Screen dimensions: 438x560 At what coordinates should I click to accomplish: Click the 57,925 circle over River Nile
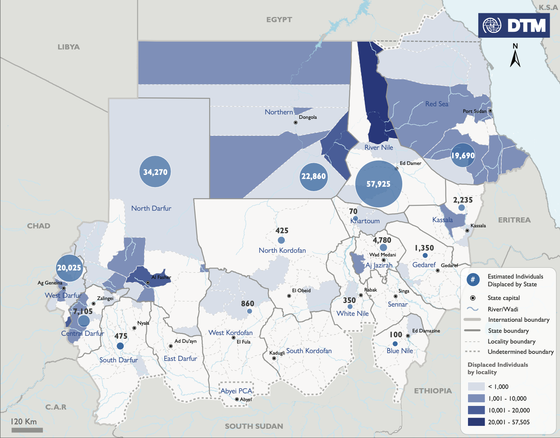coord(378,184)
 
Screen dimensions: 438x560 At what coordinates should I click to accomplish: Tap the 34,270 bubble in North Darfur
coord(155,172)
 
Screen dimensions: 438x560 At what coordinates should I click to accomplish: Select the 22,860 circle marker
coord(314,177)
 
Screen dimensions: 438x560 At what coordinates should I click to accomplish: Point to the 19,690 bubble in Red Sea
coord(463,155)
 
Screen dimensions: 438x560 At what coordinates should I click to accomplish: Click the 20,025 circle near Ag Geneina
coord(69,268)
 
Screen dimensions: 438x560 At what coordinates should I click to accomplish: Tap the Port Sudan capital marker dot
coord(490,111)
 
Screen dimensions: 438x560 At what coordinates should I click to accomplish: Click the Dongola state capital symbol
coord(296,123)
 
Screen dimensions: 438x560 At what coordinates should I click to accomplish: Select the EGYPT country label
coord(279,20)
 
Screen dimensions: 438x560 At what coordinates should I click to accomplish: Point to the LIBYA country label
coord(68,47)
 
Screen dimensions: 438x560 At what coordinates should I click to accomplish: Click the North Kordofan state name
coord(282,251)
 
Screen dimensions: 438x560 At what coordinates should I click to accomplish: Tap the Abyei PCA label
coord(236,391)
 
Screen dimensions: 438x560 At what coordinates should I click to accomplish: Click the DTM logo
coord(514,25)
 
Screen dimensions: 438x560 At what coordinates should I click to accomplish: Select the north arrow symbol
coord(515,56)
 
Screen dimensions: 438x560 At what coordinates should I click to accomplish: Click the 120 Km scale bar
coord(27,430)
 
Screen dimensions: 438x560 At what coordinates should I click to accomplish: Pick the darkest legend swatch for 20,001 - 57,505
coord(476,422)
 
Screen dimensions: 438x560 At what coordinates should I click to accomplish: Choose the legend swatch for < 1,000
coord(476,386)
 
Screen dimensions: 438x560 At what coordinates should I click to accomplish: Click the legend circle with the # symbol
coord(473,280)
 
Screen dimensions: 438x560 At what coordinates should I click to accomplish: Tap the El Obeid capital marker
coord(289,296)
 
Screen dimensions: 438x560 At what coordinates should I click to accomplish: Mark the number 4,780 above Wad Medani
coord(382,240)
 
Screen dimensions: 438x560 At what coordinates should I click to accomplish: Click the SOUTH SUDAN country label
coord(254,426)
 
